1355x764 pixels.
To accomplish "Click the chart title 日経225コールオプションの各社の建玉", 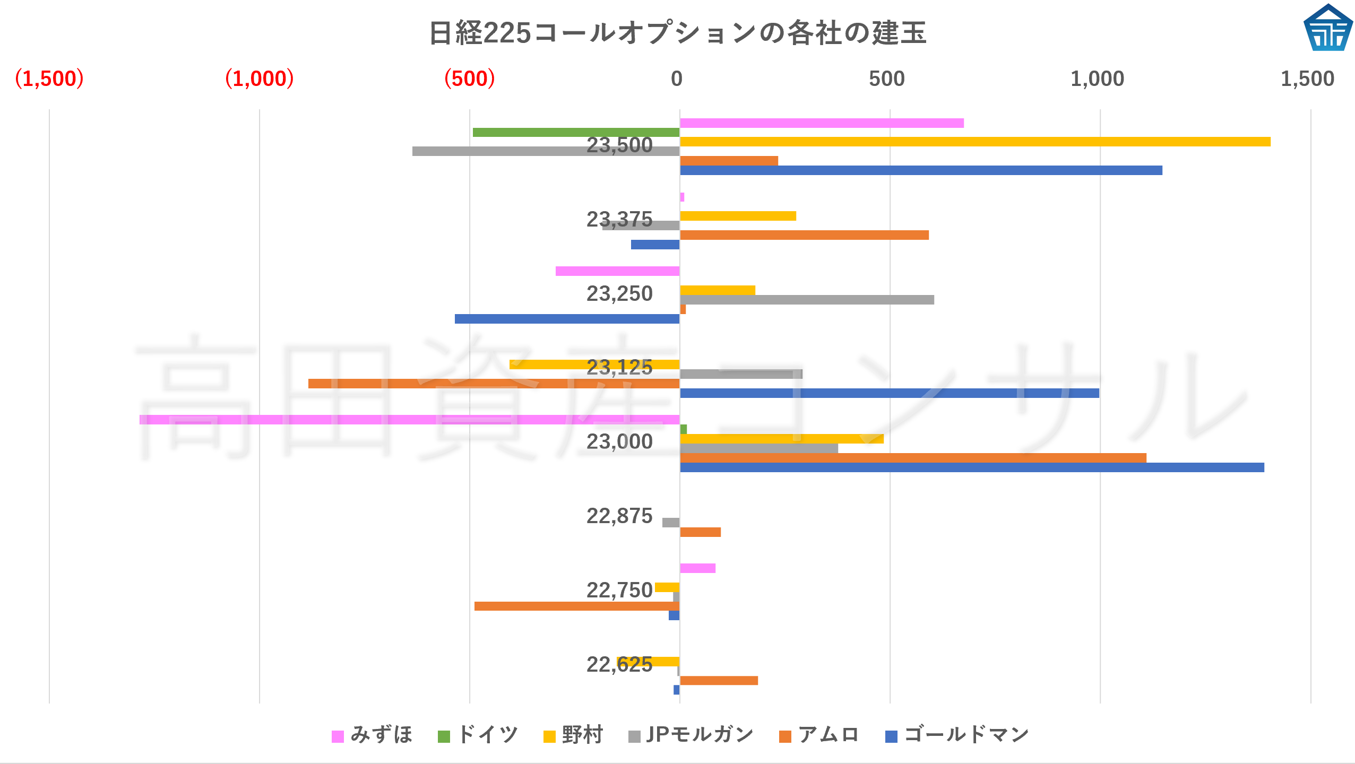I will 677,33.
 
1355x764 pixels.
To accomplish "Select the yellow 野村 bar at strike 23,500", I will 974,142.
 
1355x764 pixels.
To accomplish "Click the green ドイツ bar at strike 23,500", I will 576,132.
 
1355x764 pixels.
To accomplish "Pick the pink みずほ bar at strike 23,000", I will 409,420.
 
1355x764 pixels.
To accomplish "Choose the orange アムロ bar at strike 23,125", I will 494,384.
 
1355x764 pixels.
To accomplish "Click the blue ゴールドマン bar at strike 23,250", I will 567,319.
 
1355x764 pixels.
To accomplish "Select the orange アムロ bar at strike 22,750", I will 576,606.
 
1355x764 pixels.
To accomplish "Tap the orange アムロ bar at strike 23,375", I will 804,235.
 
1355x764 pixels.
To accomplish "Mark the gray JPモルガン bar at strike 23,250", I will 807,300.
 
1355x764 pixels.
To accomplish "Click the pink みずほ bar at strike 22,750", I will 697,568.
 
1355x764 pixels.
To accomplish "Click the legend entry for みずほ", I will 372,735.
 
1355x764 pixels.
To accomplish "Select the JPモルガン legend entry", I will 691,735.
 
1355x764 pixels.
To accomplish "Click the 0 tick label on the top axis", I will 677,79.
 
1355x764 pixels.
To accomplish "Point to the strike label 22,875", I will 619,516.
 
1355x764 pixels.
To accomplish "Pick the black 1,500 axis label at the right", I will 1307,79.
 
